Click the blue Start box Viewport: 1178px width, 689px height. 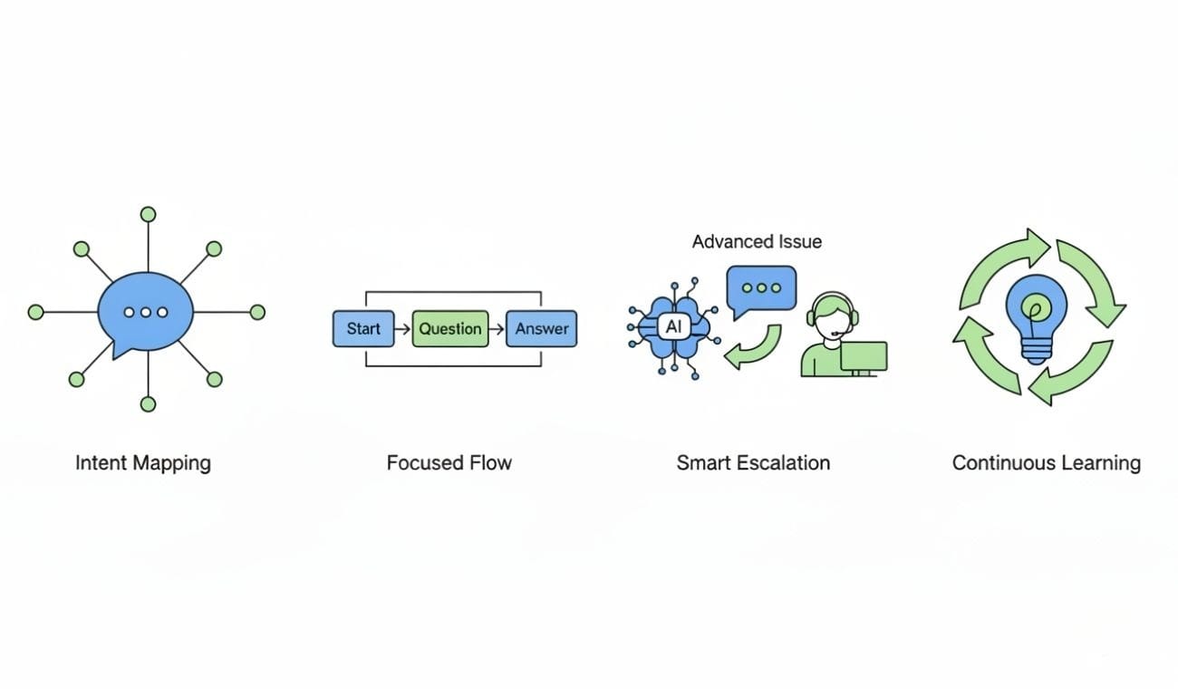[x=363, y=328]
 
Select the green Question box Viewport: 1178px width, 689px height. [x=450, y=328]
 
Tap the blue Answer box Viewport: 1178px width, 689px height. [x=541, y=328]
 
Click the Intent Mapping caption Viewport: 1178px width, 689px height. [x=143, y=463]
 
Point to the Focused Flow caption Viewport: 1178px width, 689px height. [x=449, y=463]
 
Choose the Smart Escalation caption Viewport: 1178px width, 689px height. [x=753, y=463]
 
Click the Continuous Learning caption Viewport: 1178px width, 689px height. [x=1046, y=463]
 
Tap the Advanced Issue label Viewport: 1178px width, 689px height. [x=757, y=241]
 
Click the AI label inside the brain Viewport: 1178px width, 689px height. [x=672, y=327]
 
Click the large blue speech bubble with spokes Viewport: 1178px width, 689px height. [x=146, y=313]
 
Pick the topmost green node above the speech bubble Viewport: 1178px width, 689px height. [x=148, y=214]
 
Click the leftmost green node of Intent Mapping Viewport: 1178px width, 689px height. [x=35, y=312]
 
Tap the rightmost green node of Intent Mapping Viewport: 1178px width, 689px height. [x=257, y=312]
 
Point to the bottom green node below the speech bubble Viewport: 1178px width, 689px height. [x=148, y=404]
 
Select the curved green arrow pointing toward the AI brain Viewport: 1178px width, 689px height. [x=754, y=348]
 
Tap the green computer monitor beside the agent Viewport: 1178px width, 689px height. [x=863, y=356]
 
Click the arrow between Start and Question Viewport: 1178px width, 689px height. [x=403, y=328]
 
